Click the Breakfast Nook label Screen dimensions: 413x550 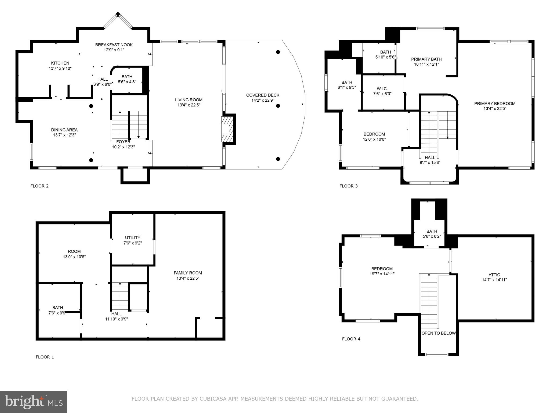[114, 45]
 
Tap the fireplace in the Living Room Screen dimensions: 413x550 [226, 129]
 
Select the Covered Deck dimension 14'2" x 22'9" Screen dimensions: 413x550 [263, 100]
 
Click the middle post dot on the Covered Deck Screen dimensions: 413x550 [278, 106]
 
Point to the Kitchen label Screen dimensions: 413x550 [60, 63]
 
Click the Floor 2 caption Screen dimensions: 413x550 [39, 186]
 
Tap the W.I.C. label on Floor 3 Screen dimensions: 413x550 [382, 89]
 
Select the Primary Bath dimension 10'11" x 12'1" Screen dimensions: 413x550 [426, 64]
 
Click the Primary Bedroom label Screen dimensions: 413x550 [495, 104]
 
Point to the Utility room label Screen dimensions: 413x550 [133, 238]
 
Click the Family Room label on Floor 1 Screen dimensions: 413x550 [188, 273]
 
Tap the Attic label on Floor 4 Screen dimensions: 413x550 [494, 275]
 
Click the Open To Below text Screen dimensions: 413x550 [439, 333]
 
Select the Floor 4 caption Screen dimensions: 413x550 [351, 339]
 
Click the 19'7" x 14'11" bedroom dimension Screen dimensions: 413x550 [382, 274]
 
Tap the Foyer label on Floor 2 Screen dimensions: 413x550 [123, 142]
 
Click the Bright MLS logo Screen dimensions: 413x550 [34, 402]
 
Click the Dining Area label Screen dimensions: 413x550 [64, 130]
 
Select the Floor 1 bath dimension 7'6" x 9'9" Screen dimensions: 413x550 [57, 313]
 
